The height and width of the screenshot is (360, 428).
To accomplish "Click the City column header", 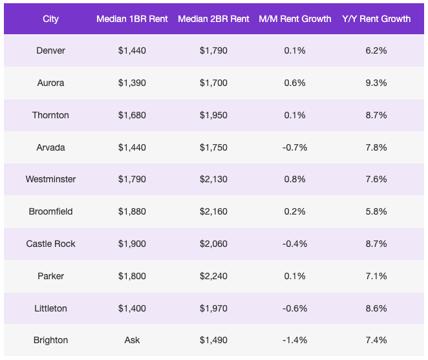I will coord(50,19).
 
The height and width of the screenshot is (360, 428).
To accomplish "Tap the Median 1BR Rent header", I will coord(132,19).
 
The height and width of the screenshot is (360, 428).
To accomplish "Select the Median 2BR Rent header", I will coord(213,19).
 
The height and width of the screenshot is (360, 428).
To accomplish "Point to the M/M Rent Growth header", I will coord(295,19).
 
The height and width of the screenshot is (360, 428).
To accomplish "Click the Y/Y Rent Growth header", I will coord(376,19).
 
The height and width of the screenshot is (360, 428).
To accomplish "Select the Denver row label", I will coord(50,50).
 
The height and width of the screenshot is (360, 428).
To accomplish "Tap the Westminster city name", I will coord(50,179).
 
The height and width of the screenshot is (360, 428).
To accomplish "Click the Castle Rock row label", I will coord(50,244).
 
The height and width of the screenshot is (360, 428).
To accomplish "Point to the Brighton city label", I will coord(50,340).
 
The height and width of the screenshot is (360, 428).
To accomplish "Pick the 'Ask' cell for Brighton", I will coord(132,340).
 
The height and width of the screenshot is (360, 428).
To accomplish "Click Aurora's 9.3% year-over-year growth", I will coord(376,83).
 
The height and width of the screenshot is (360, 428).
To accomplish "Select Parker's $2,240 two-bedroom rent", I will coord(213,276).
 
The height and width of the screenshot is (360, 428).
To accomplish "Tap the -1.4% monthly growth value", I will coord(295,340).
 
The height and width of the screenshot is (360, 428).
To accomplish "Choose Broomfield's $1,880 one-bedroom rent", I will coord(132,211).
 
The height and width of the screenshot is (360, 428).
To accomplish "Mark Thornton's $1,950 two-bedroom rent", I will coord(213,115).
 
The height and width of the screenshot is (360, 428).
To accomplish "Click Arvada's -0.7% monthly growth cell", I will coord(295,147).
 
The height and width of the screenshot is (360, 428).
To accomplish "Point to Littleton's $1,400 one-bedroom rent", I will coord(132,308).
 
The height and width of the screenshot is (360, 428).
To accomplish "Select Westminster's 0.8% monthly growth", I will coord(295,179).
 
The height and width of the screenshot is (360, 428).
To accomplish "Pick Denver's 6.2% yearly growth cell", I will coord(376,50).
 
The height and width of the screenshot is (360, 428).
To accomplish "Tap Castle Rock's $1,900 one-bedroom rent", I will coord(132,244).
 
